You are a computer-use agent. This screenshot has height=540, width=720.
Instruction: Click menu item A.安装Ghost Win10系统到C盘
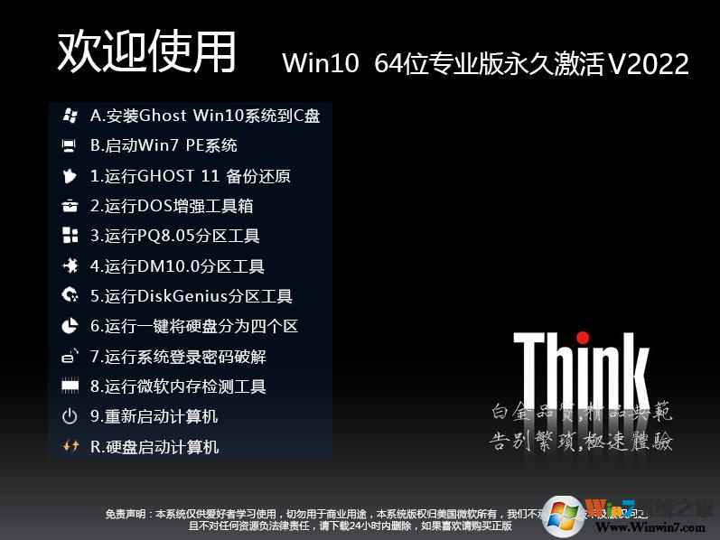coord(205,116)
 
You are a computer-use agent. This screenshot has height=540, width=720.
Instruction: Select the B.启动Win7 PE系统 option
coord(164,145)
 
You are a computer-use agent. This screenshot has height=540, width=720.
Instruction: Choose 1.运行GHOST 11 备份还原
coord(190,176)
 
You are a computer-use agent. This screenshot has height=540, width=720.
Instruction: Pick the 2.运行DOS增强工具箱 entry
coord(172,206)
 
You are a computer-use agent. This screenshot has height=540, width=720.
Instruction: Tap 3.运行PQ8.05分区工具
coord(174,237)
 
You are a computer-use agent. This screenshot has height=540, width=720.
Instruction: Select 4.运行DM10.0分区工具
coord(177,266)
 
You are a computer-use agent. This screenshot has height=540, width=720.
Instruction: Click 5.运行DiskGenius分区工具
coord(191,296)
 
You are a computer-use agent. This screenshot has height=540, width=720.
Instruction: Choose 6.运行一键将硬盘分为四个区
coord(193,326)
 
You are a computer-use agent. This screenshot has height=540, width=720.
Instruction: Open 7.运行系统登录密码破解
coord(178,357)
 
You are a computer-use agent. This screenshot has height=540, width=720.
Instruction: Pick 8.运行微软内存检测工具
coord(178,386)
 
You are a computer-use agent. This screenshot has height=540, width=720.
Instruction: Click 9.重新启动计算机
coord(154,416)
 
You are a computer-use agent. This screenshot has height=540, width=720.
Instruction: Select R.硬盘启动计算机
coord(154,447)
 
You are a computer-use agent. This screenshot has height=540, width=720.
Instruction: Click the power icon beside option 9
coord(70,416)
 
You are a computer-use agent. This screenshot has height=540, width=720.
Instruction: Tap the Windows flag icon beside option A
coord(70,116)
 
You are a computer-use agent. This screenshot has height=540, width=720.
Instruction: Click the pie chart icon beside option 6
coord(70,326)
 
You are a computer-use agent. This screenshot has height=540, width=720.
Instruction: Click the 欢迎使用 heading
coord(147,51)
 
